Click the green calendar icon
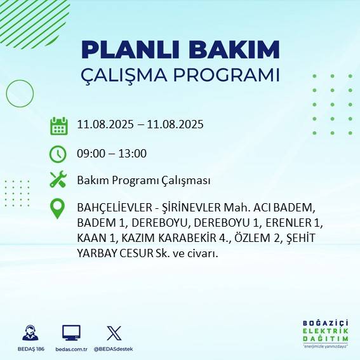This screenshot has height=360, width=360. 58,126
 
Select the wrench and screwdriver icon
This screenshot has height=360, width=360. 58,180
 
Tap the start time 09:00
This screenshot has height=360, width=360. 90,154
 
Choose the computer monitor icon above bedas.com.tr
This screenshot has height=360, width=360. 71,333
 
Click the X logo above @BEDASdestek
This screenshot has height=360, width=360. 114,333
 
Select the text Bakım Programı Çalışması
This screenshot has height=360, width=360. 143,181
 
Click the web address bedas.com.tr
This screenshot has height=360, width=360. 71,349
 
